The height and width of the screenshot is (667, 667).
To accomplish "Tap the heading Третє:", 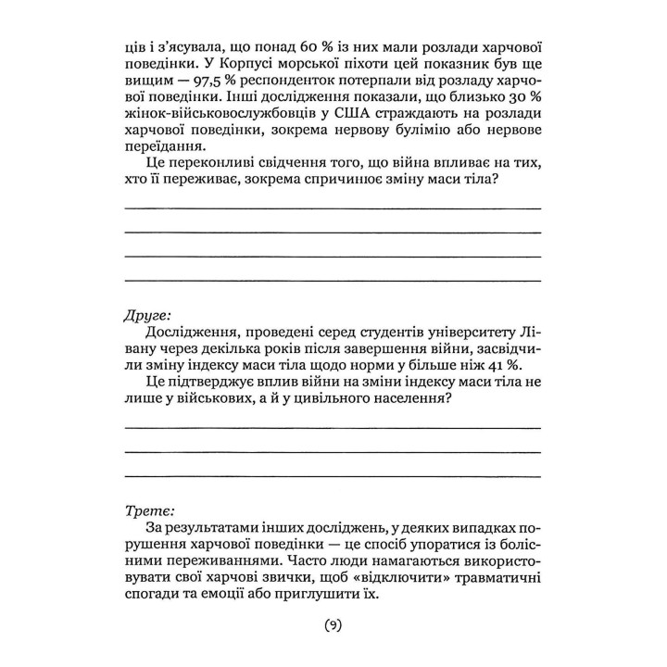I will click(x=147, y=510).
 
